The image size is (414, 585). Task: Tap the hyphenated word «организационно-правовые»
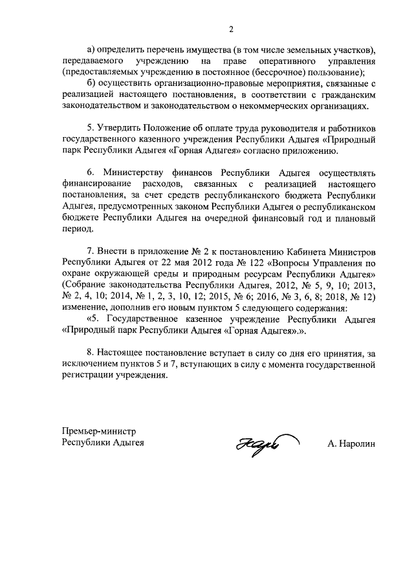(x=198, y=84)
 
